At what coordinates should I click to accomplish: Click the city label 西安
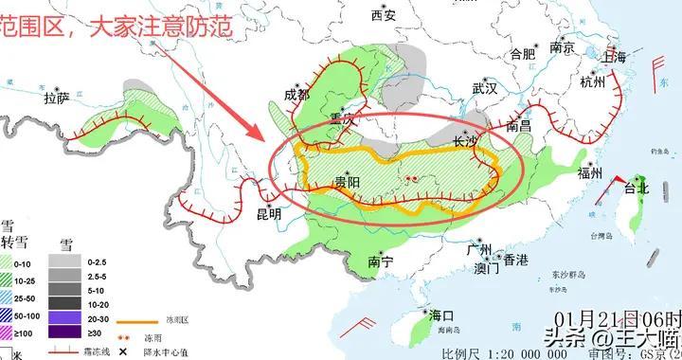pos(384,15)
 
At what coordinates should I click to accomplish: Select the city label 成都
pos(296,96)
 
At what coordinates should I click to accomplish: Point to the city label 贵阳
pos(347,182)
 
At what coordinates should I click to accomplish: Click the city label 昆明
pos(269,214)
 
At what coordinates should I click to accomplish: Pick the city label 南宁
pos(381,261)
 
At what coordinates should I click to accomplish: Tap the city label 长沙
pos(465,142)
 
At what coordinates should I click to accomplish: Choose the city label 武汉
pos(484,90)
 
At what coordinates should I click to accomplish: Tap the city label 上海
pos(614,58)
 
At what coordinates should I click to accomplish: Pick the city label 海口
pos(441,315)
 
